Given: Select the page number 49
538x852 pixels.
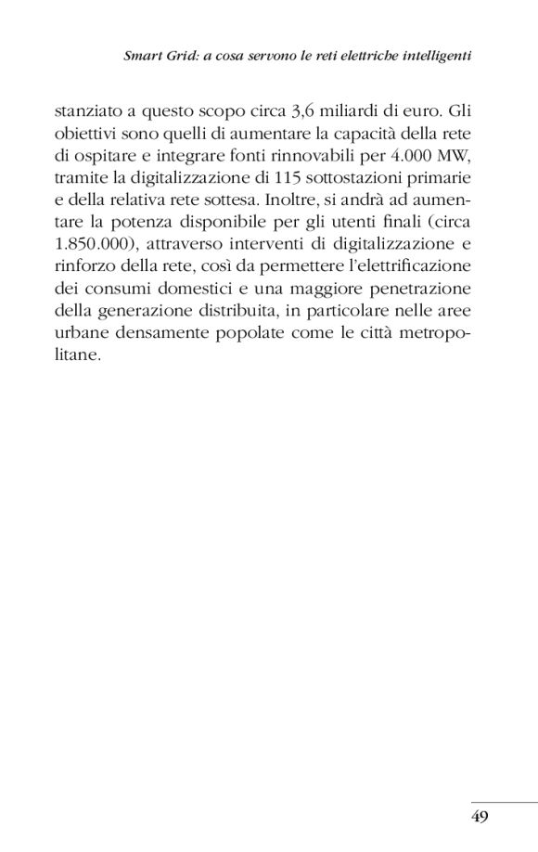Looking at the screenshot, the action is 480,817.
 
